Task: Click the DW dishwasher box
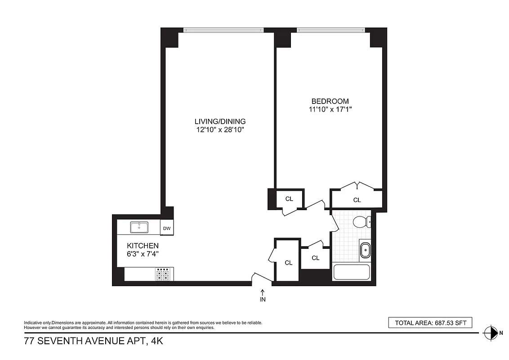167,229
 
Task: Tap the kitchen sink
139,228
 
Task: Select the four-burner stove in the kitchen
162,274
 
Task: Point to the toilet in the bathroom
361,222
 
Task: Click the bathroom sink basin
365,249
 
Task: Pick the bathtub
351,273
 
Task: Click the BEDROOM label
330,101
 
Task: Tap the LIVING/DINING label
220,121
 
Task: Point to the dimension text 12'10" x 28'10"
220,130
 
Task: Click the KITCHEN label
143,246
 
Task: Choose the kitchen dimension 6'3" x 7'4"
143,254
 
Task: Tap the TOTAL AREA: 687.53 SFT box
430,323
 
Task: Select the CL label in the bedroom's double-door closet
357,200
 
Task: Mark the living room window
223,30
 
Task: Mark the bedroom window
330,30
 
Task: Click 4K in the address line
156,342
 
